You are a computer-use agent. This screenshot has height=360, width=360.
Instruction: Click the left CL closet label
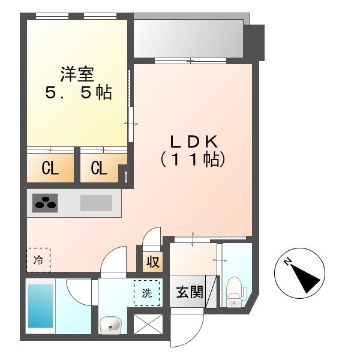coord(50,169)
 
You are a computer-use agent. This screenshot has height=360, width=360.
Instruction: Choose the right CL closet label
coord(99,169)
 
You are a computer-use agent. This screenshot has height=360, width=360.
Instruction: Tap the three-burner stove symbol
coord(46,203)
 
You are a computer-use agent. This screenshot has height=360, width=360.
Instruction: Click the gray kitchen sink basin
coord(96,203)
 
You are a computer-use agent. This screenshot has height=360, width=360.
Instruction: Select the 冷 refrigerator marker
coord(38,260)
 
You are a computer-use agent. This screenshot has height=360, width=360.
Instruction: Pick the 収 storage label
coord(152,262)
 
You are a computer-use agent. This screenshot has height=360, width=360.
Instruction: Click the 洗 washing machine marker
coord(147,293)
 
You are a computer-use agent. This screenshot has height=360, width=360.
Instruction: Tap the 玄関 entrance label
coord(188,293)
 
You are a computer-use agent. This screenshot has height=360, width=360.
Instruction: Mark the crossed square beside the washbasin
coord(148,326)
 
